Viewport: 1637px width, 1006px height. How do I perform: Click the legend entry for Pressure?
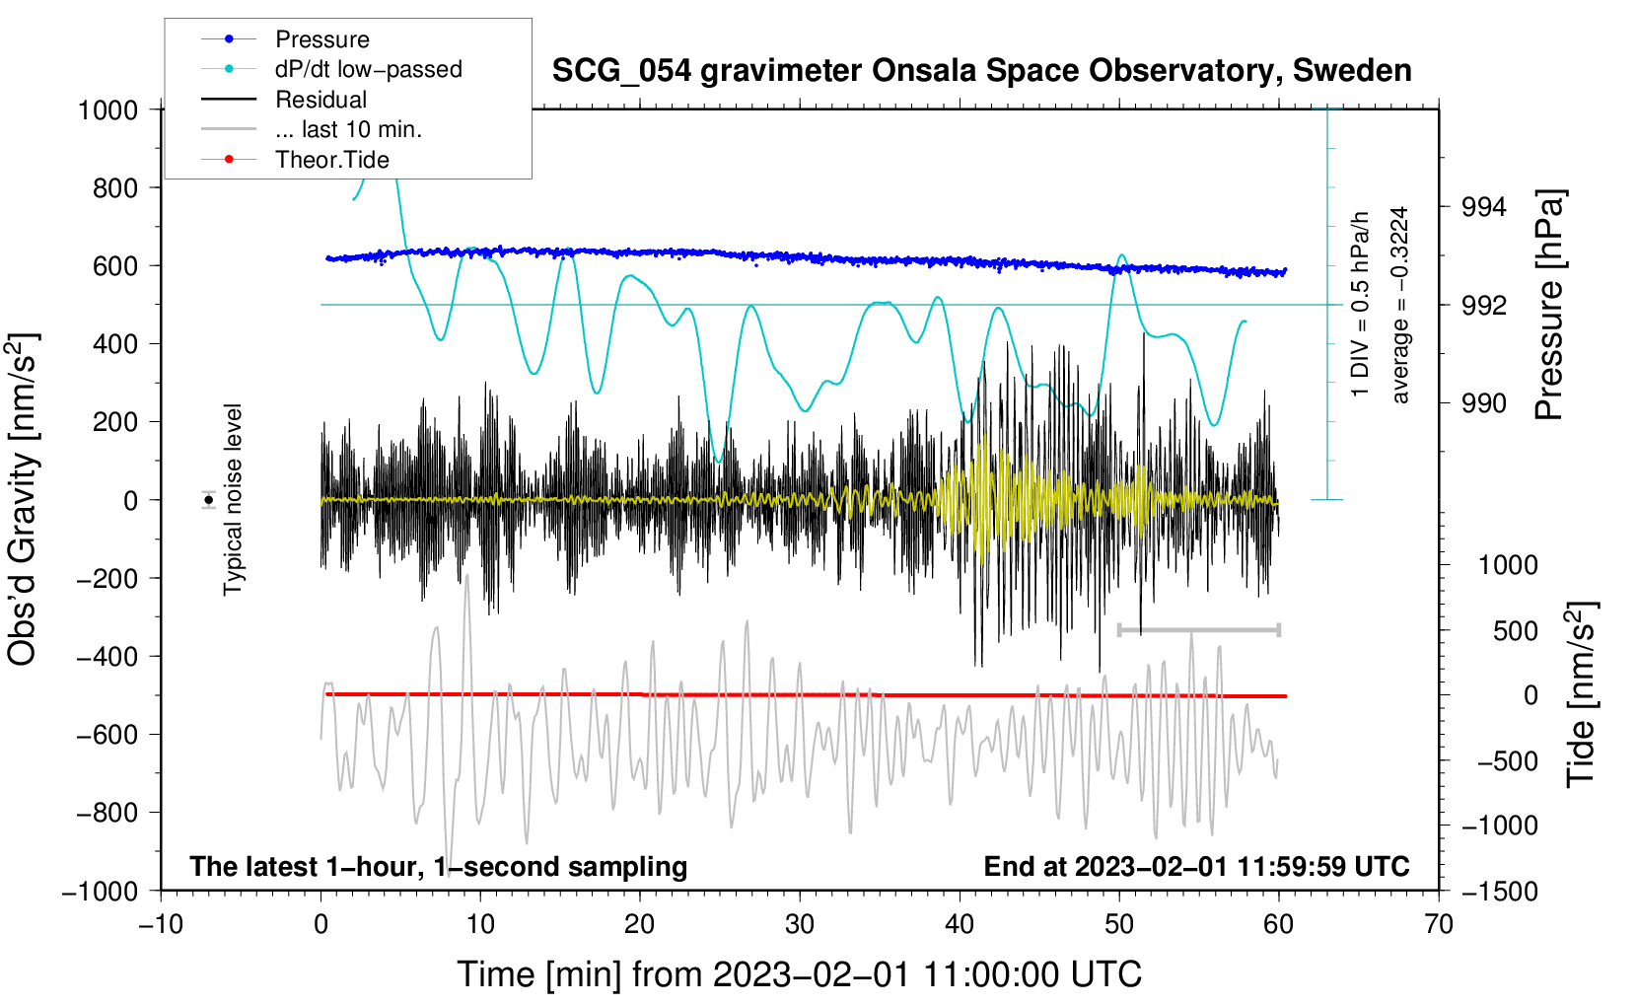pyautogui.click(x=321, y=39)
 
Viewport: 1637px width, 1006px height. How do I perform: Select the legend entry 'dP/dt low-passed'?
pyautogui.click(x=368, y=69)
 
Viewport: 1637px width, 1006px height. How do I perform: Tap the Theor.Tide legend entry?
pyautogui.click(x=331, y=160)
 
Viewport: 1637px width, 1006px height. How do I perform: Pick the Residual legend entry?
pyautogui.click(x=320, y=100)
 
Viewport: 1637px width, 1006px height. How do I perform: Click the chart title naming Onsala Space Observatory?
pyautogui.click(x=981, y=71)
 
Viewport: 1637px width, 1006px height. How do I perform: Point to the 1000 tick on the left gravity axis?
pyautogui.click(x=108, y=109)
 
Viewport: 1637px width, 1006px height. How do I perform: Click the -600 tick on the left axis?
pyautogui.click(x=107, y=735)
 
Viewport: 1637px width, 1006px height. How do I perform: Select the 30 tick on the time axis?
pyautogui.click(x=800, y=924)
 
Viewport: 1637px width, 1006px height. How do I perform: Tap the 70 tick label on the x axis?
pyautogui.click(x=1439, y=924)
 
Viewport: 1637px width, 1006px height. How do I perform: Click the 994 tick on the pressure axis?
pyautogui.click(x=1484, y=207)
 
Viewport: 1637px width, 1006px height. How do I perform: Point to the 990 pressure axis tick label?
pyautogui.click(x=1484, y=403)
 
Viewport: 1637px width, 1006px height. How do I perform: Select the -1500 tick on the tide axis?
pyautogui.click(x=1499, y=892)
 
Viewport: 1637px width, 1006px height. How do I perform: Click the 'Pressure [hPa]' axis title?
pyautogui.click(x=1549, y=305)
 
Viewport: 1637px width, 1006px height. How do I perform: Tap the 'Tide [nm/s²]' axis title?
pyautogui.click(x=1581, y=694)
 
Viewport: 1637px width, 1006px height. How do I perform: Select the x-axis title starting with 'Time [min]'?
pyautogui.click(x=799, y=974)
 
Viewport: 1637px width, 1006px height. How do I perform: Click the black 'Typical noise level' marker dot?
pyautogui.click(x=209, y=500)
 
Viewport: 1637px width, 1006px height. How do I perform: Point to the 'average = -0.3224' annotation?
pyautogui.click(x=1400, y=305)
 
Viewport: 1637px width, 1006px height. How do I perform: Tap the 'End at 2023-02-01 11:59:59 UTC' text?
pyautogui.click(x=1196, y=867)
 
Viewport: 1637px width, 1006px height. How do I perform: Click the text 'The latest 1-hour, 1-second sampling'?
pyautogui.click(x=438, y=867)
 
